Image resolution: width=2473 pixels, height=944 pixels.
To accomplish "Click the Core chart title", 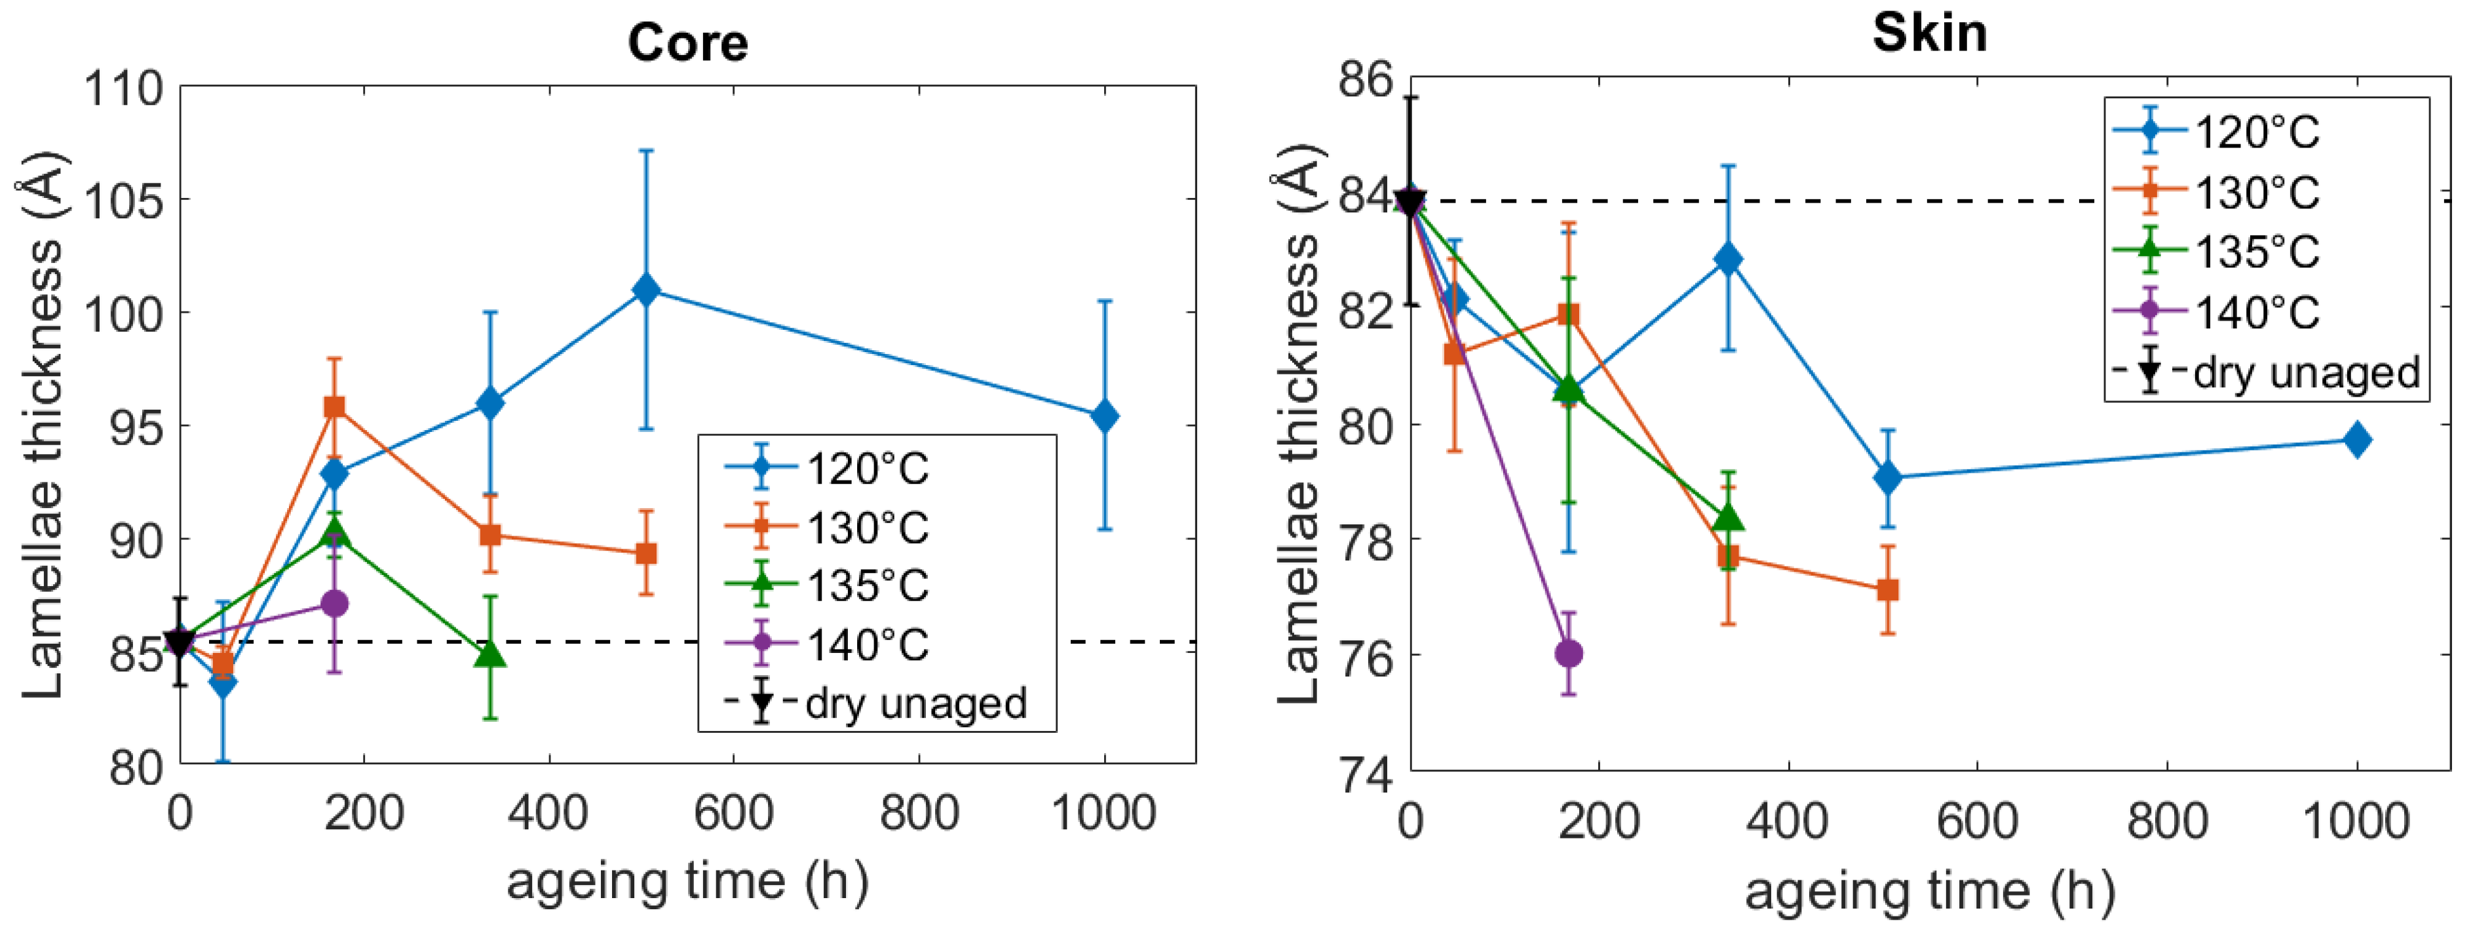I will [x=687, y=43].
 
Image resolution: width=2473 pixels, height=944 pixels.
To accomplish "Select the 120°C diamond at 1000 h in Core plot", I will [x=1104, y=416].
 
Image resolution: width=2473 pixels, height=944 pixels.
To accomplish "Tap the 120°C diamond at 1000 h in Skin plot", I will [x=2357, y=440].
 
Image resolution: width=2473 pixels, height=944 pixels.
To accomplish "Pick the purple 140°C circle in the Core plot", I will [x=334, y=603].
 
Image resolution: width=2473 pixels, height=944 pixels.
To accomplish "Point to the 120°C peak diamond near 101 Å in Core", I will [x=646, y=289].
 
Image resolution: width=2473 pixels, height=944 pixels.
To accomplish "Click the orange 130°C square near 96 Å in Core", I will [x=334, y=407].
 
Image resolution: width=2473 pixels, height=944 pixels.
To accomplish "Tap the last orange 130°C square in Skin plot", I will [x=1887, y=589].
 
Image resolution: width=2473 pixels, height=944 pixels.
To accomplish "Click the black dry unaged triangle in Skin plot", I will [x=1410, y=203].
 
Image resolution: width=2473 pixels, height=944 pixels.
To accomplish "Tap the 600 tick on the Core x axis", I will [x=733, y=814].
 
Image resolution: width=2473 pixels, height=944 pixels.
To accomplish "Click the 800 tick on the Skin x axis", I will [x=2167, y=821].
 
